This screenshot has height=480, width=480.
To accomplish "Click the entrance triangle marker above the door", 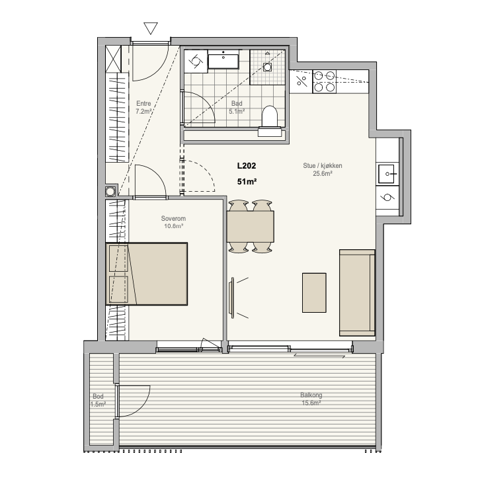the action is click(151, 28).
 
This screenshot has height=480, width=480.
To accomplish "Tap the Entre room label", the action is click(143, 103).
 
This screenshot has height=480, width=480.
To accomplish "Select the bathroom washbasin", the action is click(223, 61).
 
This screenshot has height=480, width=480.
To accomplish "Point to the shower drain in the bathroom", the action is click(267, 67).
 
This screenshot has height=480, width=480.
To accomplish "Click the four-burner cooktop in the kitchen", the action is click(324, 81).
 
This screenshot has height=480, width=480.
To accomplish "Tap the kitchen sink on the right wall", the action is click(387, 174).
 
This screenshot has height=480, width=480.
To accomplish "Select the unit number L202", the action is click(247, 165).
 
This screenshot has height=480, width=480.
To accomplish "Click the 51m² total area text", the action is click(247, 182).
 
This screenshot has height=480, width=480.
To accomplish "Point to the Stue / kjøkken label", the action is click(323, 165).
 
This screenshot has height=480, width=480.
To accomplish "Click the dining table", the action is click(251, 227).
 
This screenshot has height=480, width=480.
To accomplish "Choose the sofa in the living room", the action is click(357, 293).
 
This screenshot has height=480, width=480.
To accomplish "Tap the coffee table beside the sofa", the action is click(314, 293).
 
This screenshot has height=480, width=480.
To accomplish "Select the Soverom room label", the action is click(173, 219).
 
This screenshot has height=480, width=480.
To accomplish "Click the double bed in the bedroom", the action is click(147, 274).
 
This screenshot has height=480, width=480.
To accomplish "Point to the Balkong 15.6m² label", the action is click(311, 399).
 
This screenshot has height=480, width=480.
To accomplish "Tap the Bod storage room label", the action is click(98, 396).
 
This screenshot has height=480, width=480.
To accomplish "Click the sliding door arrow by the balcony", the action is click(319, 356).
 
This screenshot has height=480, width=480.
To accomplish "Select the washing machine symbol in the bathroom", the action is click(196, 61).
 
